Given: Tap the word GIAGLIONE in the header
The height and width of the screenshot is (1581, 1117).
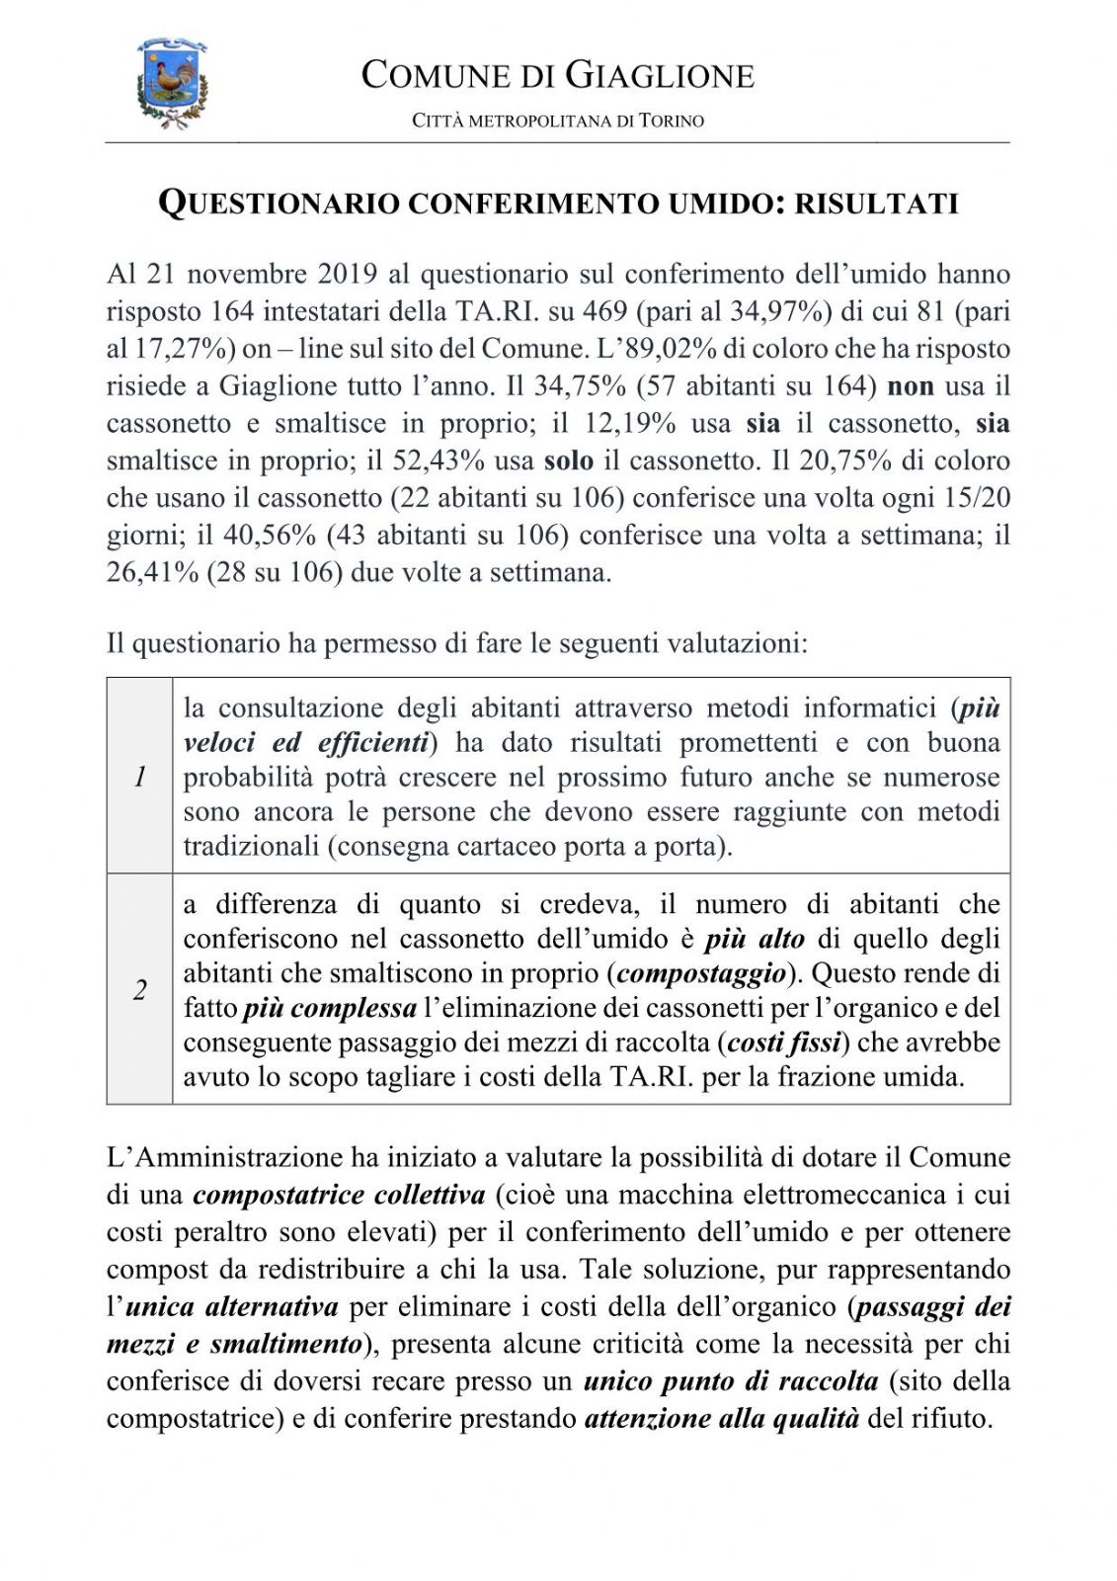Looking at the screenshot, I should click(659, 76).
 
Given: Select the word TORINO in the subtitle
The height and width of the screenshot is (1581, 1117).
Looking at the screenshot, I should click(672, 122).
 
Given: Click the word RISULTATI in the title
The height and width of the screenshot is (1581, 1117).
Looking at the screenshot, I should click(877, 204).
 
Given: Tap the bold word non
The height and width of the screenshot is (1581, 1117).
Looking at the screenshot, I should click(911, 386).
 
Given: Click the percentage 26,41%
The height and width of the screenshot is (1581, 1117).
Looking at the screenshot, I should click(153, 573).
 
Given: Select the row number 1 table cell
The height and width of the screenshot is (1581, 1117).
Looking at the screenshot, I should click(140, 777).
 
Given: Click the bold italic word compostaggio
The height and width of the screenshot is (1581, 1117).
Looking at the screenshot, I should click(701, 973).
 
